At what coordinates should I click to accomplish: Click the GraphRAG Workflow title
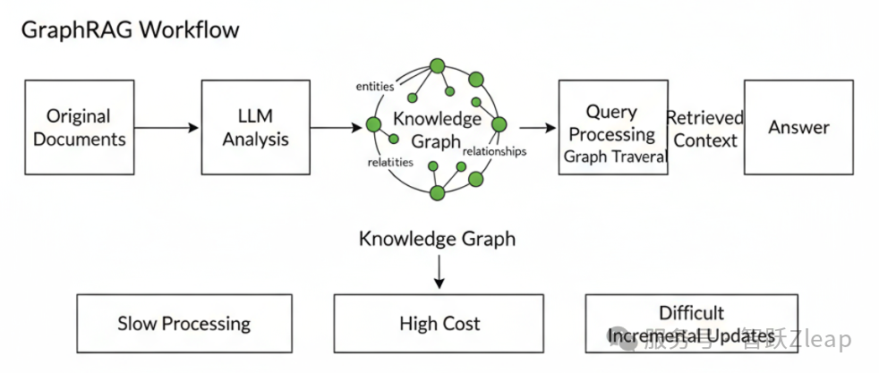[130, 29]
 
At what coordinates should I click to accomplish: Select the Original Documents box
[79, 127]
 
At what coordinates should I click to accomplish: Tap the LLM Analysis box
[255, 127]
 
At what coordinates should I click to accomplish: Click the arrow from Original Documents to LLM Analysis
[166, 128]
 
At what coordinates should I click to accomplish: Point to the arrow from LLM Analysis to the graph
[336, 128]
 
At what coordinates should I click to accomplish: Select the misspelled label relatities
[390, 162]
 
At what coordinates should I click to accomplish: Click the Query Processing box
[612, 123]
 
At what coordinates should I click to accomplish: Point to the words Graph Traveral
[616, 156]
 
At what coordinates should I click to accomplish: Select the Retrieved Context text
[705, 129]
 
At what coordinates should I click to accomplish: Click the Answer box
[799, 127]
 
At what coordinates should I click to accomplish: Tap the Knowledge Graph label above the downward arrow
[438, 239]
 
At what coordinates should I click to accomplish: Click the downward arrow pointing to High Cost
[439, 271]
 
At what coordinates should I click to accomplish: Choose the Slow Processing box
[184, 323]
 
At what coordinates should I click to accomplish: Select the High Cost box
[439, 323]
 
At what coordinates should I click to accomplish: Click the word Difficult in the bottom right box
[691, 312]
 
